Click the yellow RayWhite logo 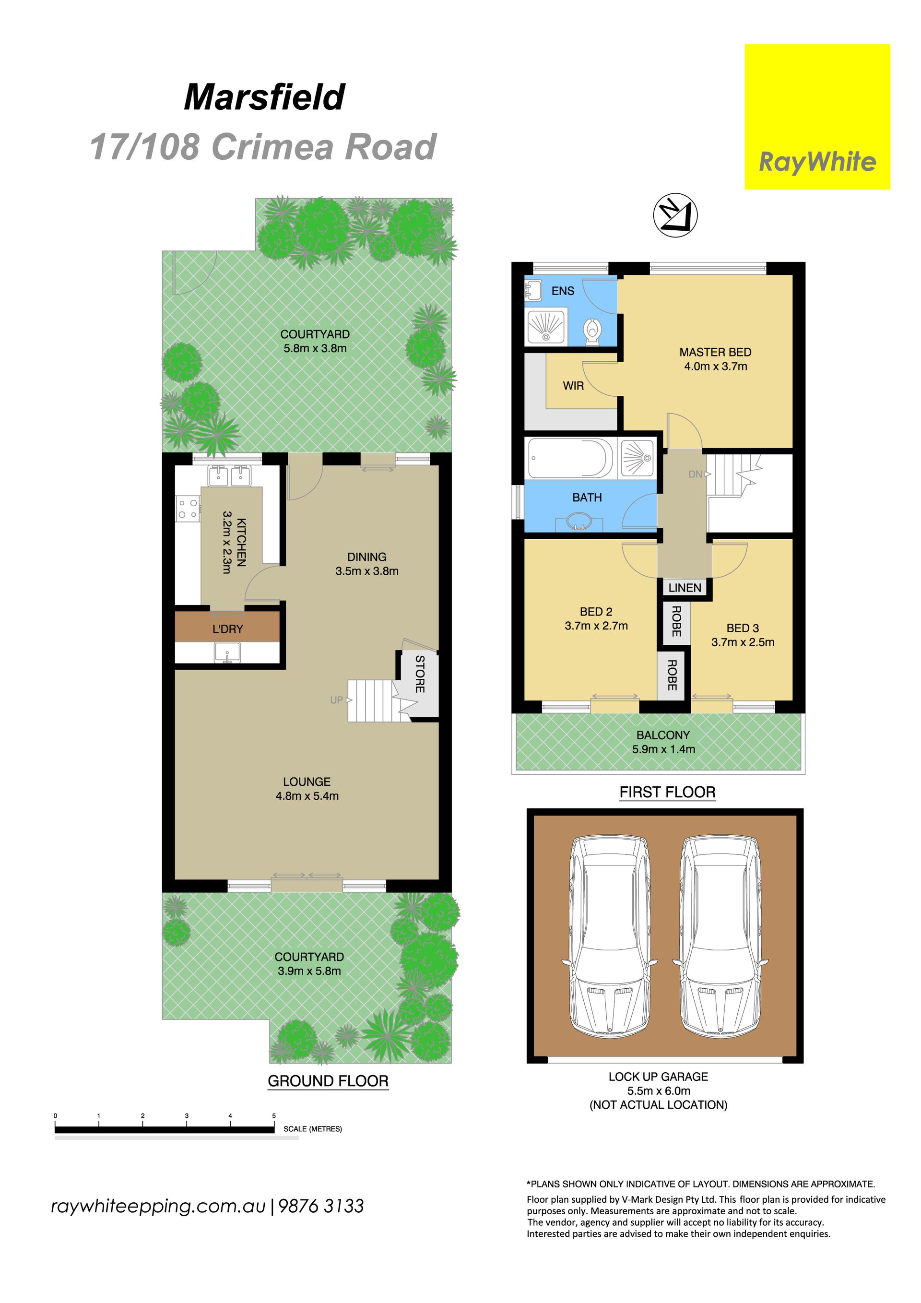click(817, 117)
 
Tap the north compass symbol click(675, 215)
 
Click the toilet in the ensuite click(592, 331)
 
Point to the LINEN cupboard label click(685, 587)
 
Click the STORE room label click(420, 674)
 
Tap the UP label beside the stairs click(337, 700)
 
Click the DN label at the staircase click(695, 474)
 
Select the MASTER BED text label click(715, 352)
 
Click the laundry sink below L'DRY click(227, 652)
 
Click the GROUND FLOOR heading click(328, 1080)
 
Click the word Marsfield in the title click(264, 97)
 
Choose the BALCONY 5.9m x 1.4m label click(663, 742)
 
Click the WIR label click(573, 386)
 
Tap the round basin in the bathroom click(579, 521)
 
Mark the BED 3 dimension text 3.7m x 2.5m click(743, 642)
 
